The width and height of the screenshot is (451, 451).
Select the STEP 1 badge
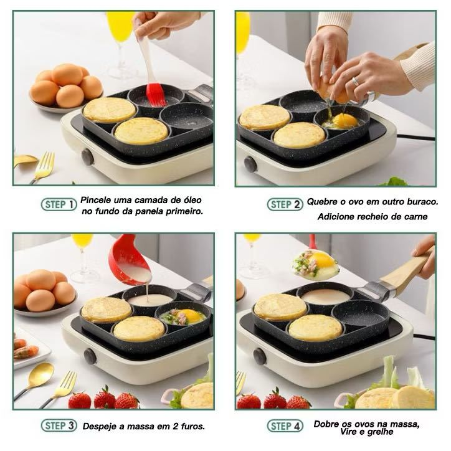point(59,204)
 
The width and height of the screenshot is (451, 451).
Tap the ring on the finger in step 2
point(356,81)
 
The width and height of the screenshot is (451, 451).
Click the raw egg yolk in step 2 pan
point(346,119)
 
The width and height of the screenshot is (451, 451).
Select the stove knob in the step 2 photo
point(250,164)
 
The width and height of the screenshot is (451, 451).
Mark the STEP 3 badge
point(59,426)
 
